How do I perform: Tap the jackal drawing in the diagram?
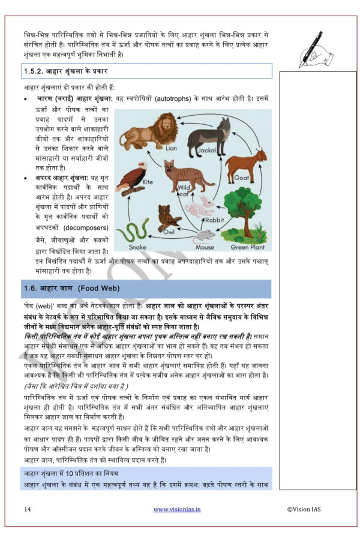[x=209, y=135]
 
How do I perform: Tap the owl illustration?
[x=166, y=217]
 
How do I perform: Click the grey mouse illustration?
[x=206, y=235]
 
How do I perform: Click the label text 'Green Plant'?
[x=248, y=247]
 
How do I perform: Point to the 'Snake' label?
[x=137, y=247]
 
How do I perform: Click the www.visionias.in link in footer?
[x=177, y=509]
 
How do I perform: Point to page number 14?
[x=28, y=509]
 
